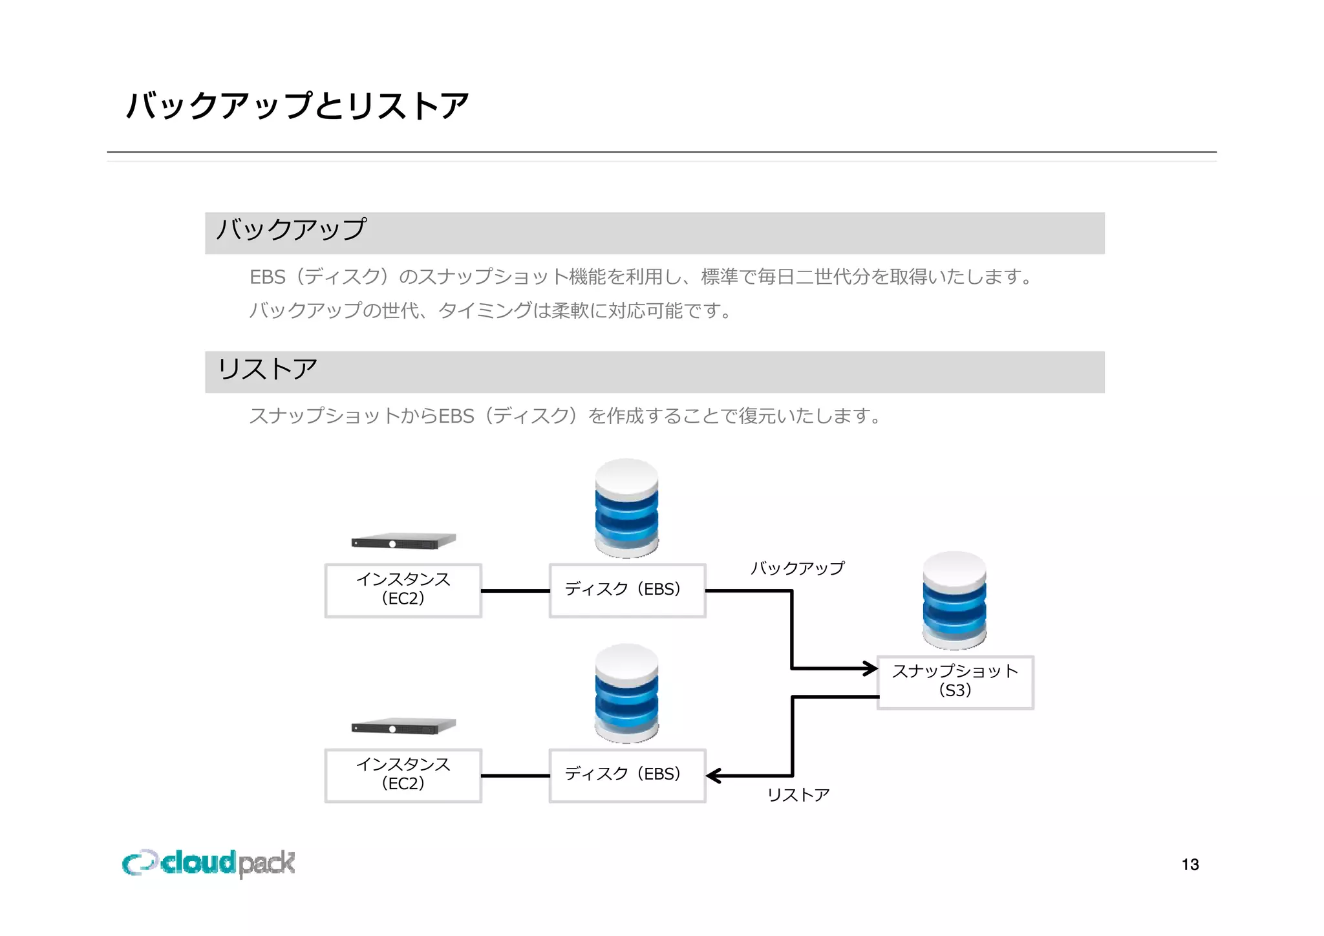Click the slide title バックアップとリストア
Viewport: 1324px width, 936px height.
coord(297,105)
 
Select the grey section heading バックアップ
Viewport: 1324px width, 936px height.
coord(291,230)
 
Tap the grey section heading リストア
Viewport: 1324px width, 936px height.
coord(267,370)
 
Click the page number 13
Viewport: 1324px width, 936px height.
coord(1190,864)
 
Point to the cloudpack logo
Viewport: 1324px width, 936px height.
coord(208,864)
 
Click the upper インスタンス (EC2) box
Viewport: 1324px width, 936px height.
coord(403,590)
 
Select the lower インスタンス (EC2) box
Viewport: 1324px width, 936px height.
coord(403,775)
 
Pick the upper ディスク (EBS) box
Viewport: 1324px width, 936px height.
coord(626,590)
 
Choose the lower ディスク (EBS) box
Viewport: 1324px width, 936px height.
coord(626,775)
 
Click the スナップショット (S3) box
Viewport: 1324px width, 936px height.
coord(955,682)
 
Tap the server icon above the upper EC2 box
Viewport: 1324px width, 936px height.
coord(403,542)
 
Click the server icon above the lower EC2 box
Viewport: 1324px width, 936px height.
coord(403,727)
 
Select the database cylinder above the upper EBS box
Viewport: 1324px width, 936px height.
coord(626,508)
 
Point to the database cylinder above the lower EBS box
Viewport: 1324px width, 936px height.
coord(626,693)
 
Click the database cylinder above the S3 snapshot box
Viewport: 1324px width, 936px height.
coord(954,601)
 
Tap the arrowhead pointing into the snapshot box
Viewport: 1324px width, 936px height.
coord(870,668)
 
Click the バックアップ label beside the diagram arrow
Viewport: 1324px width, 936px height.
coord(797,568)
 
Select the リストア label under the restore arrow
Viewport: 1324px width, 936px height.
coord(798,794)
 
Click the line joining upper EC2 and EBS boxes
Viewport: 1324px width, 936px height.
coord(515,591)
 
